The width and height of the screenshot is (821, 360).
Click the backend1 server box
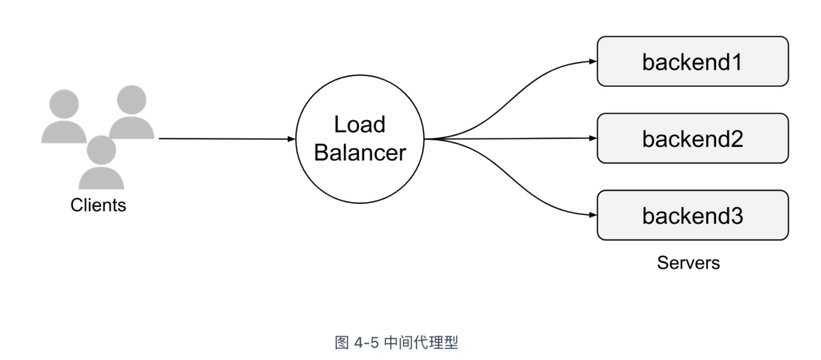(693, 61)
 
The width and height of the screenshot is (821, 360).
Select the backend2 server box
(693, 138)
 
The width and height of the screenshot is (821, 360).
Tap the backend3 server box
(693, 215)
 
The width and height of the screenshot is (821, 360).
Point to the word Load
(360, 124)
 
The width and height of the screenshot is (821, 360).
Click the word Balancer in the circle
(360, 152)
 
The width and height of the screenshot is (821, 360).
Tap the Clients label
(99, 205)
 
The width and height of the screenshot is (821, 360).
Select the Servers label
(688, 263)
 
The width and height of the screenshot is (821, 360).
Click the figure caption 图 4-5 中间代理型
(396, 342)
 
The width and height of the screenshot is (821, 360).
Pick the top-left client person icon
(64, 116)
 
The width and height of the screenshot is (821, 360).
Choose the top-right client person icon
(131, 112)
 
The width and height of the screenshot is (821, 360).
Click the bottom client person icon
(101, 162)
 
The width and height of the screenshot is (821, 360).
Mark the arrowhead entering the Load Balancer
(292, 139)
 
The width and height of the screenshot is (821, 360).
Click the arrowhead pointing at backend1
(592, 61)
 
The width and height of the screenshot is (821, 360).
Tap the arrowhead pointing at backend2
(592, 138)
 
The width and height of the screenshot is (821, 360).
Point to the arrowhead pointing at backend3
(592, 215)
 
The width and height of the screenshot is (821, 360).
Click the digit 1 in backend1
(738, 63)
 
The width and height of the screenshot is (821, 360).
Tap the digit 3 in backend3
(738, 216)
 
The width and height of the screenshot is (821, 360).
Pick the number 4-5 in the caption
(366, 343)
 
